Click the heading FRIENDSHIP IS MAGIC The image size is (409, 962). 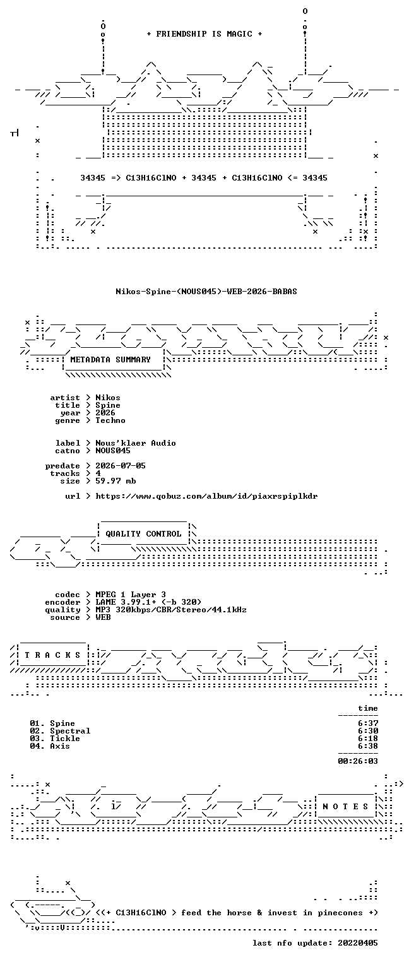tap(204, 34)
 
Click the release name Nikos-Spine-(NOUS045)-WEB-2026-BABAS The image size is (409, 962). tap(206, 291)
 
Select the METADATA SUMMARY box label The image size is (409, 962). tap(110, 359)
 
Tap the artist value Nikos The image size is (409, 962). tap(108, 398)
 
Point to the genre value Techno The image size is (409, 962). tap(110, 420)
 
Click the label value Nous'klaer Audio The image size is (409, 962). tap(136, 442)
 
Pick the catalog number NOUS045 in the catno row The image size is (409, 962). tap(113, 451)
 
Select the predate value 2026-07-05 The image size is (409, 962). tap(121, 466)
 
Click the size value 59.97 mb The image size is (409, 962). tap(116, 481)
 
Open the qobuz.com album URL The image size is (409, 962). tap(206, 496)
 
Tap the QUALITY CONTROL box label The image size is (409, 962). tap(143, 534)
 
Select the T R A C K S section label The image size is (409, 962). tap(52, 655)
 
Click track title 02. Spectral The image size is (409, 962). tap(60, 731)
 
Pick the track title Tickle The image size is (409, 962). tap(65, 739)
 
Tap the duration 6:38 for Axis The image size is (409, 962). tap(368, 746)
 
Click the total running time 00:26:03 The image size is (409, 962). tap(358, 761)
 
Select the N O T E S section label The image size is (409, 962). tap(345, 807)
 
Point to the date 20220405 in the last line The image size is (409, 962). tap(358, 943)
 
